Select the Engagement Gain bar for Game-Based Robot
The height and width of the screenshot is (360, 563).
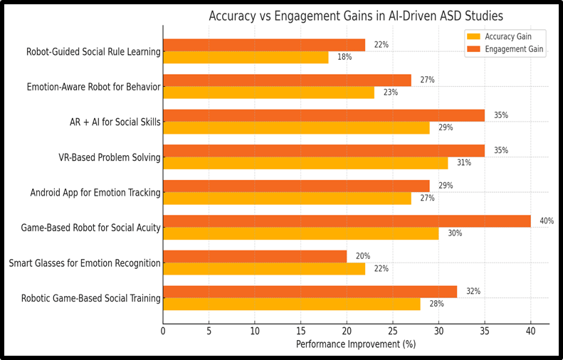point(347,221)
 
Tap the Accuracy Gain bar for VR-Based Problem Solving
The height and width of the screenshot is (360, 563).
point(305,163)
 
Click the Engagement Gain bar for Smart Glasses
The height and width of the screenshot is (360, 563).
point(255,256)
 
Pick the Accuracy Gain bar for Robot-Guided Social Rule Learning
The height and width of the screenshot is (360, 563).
point(246,57)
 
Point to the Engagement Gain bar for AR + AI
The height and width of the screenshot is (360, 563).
point(324,115)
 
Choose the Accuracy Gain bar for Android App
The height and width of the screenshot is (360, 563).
point(287,198)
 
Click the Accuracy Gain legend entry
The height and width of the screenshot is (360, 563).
point(507,36)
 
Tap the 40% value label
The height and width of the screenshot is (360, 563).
point(546,221)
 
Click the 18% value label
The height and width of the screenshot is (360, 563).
point(344,57)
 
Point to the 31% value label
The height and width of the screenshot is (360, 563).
point(463,163)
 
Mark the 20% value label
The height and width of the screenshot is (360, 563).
point(363,256)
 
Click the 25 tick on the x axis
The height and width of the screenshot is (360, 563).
point(393,331)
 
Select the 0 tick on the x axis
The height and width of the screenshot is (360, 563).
point(163,331)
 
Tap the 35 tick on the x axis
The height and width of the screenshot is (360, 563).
point(485,331)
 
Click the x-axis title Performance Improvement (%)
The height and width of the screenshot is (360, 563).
point(356,344)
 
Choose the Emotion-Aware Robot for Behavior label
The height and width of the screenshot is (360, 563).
point(93,88)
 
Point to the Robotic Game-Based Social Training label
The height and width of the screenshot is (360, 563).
point(90,298)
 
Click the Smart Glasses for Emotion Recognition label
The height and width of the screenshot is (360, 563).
point(85,263)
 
